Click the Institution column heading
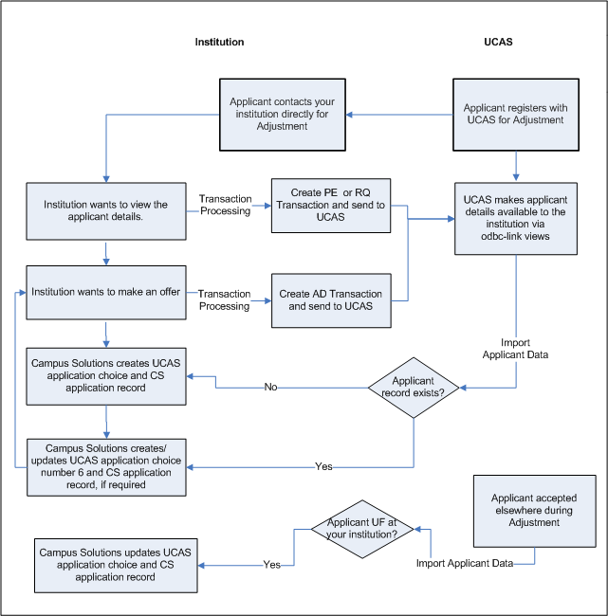219,43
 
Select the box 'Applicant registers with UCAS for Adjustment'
514,114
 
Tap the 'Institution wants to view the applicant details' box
106,211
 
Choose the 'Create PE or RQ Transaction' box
331,205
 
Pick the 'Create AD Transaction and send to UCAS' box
331,300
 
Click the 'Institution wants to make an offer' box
106,293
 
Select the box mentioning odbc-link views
515,219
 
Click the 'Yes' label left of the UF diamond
272,564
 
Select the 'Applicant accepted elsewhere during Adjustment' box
534,511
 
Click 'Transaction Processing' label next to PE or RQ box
225,205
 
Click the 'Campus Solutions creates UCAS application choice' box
106,374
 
